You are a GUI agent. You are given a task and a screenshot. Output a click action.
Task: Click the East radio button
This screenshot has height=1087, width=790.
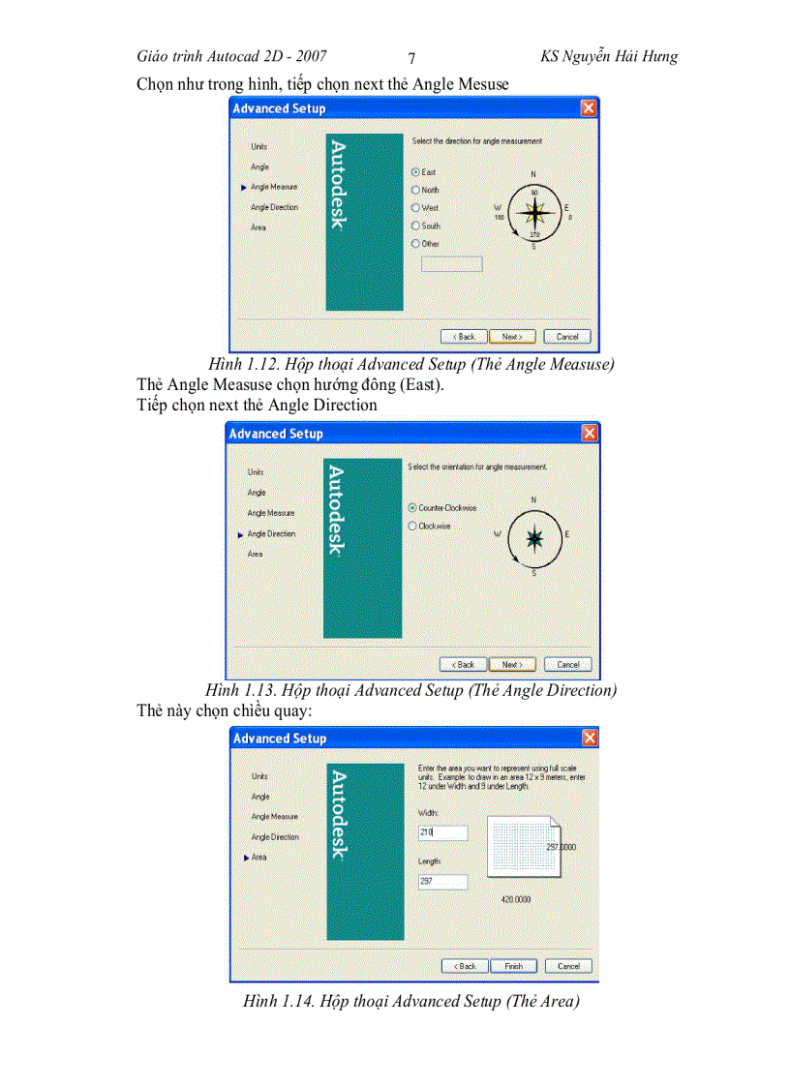415,171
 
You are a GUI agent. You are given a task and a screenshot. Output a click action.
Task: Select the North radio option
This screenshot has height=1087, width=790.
415,190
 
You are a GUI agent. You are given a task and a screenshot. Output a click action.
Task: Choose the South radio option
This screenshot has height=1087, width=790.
415,226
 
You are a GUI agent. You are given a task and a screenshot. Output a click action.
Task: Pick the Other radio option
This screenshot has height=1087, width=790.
415,244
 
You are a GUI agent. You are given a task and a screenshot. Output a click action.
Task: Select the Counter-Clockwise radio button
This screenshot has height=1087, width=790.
412,507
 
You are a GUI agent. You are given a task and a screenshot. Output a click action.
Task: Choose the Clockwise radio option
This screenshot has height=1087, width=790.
412,526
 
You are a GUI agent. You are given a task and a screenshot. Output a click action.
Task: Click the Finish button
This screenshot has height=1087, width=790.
514,966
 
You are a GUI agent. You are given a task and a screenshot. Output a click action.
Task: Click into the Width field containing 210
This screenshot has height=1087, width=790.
442,832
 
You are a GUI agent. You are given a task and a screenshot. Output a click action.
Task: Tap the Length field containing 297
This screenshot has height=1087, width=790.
442,882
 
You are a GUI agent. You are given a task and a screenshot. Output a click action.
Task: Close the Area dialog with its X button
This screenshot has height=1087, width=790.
590,739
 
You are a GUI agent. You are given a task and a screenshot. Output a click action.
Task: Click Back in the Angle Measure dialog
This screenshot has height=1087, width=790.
463,337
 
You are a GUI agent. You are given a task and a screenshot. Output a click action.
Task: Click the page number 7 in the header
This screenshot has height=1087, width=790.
411,58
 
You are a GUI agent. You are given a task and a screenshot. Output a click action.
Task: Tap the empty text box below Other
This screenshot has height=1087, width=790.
451,263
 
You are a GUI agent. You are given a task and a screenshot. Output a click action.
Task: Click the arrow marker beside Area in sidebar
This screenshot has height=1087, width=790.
245,858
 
